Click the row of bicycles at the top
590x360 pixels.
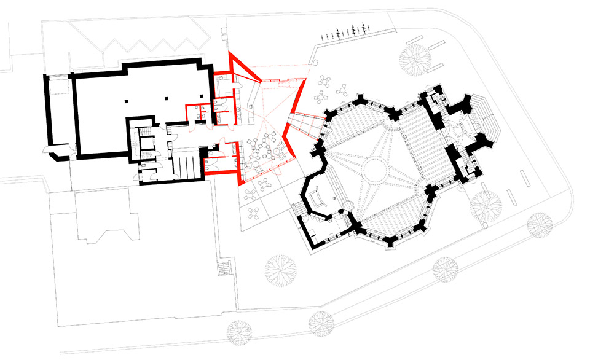pyautogui.click(x=352, y=30)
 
